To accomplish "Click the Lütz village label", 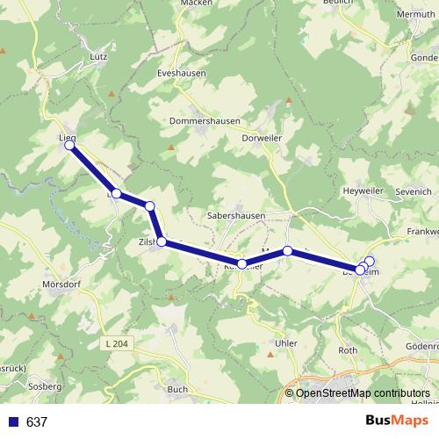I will (97, 56).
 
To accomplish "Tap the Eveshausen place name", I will (181, 74).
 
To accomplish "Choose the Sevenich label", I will (414, 191).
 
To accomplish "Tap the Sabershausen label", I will (235, 213).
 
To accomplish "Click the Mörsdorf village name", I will (61, 285).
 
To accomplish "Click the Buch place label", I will (177, 389).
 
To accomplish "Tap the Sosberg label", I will (44, 386).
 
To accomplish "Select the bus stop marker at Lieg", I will (69, 147).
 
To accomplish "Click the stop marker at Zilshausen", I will (162, 241).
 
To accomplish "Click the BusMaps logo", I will (396, 421).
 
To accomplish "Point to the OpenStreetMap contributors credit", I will (363, 393).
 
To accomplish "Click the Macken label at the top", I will (196, 4).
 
